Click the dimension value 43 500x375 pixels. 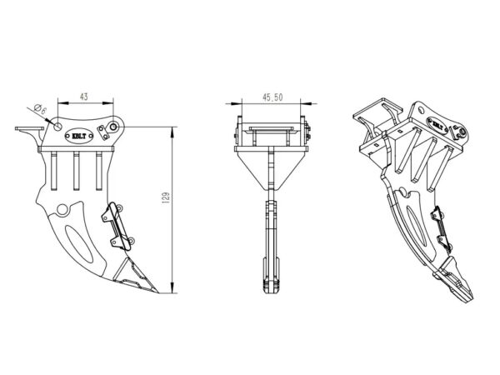84,97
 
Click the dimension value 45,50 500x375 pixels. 272,97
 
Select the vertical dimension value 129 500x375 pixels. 166,198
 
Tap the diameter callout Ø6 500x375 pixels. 40,109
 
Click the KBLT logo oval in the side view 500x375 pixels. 79,137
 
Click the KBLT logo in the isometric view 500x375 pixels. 437,125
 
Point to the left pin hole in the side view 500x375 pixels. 57,126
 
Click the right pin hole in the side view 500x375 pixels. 113,127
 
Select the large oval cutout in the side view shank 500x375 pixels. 79,243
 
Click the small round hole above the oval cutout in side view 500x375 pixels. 62,210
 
